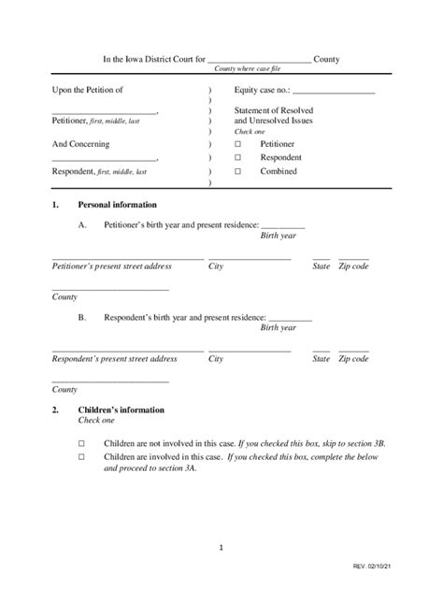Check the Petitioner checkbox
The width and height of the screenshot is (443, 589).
tap(237, 145)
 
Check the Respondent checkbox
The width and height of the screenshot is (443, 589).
tap(237, 158)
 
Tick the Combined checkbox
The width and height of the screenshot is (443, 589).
tap(237, 172)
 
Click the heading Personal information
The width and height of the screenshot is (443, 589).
tap(117, 205)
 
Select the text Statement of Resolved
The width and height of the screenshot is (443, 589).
tap(273, 110)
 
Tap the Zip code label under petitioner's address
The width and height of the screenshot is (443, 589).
tap(353, 266)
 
